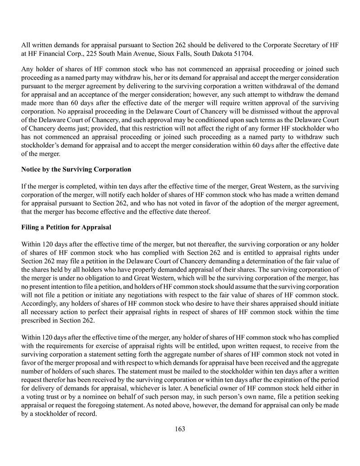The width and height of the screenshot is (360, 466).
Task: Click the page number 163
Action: tap(180, 429)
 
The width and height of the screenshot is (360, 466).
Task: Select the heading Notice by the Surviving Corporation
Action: tap(76, 169)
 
